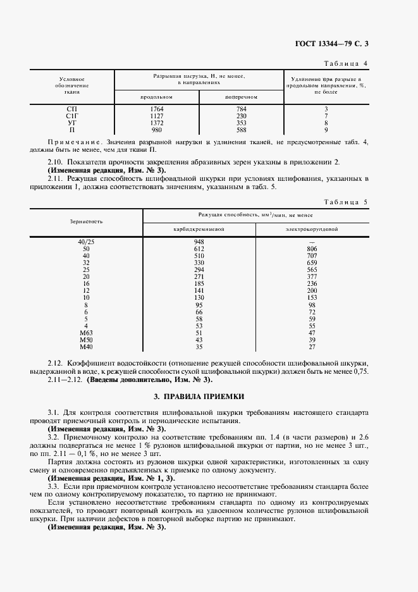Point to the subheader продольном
tap(156, 97)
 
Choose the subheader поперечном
tap(241, 97)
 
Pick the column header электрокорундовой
tap(311, 228)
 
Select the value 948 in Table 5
tap(199, 242)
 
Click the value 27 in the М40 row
tap(311, 347)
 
